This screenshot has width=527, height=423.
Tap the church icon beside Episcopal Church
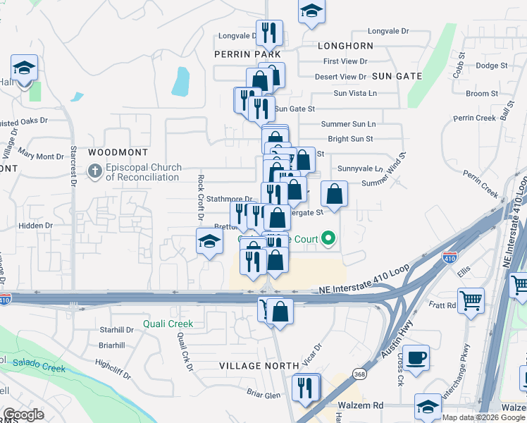94,171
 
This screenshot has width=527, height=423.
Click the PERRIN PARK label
248,54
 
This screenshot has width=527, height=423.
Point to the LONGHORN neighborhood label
345,45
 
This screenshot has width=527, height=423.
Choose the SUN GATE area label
397,76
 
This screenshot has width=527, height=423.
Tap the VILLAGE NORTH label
254,366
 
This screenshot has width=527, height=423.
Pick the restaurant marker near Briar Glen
306,387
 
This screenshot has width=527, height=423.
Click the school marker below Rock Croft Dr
209,243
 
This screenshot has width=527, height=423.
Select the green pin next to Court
328,239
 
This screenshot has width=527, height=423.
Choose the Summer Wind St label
402,170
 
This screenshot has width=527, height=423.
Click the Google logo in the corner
23,414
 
